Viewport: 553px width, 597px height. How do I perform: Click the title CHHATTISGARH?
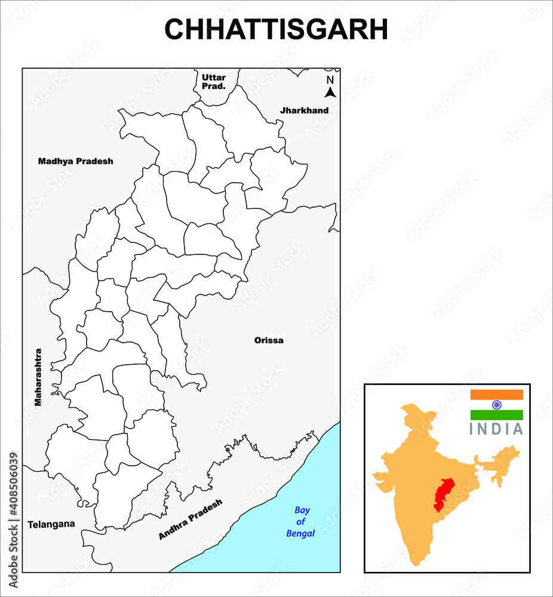276,29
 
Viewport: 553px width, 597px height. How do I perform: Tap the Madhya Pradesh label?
75,161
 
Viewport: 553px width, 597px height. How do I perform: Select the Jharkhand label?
305,110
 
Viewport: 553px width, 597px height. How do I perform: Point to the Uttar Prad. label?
214,82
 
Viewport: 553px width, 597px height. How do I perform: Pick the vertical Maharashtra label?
38,377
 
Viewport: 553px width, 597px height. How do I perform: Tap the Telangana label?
51,524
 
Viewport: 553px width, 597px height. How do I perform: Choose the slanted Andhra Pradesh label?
190,520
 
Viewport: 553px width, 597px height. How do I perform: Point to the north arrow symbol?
330,91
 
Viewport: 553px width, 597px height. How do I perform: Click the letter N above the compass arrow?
330,80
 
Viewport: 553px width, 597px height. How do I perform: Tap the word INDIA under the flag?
496,429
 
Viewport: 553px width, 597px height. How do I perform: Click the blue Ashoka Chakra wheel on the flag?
496,405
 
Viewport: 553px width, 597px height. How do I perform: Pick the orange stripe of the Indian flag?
496,395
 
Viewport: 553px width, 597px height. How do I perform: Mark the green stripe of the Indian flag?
496,415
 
